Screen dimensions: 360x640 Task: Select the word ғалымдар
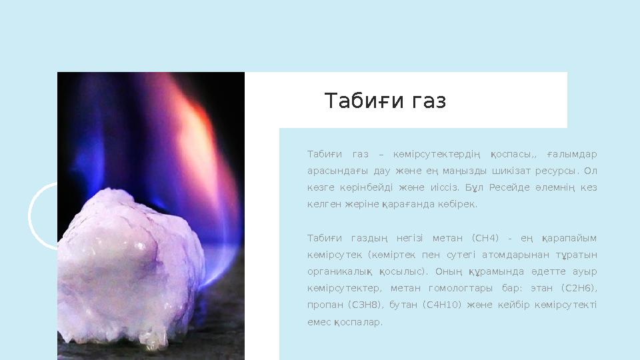[x=575, y=155]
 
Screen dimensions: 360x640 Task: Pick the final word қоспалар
[x=358, y=322]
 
